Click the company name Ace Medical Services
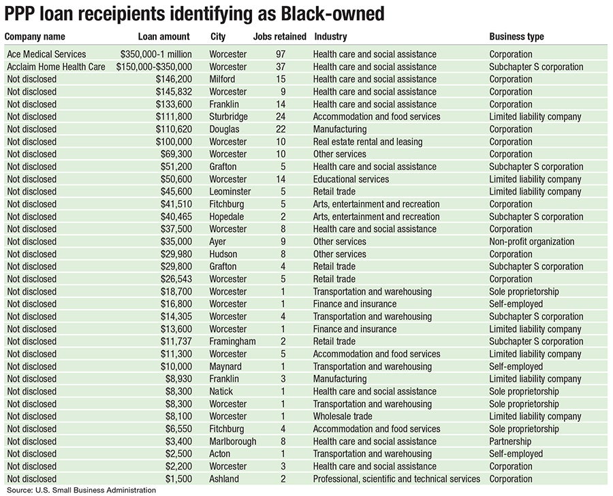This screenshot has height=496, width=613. coord(46,54)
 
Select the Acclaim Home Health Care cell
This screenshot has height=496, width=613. coord(56,67)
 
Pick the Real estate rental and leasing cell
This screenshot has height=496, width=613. coord(368,142)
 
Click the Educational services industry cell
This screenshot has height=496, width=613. coord(351,179)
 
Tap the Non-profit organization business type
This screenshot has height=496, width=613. coord(532,242)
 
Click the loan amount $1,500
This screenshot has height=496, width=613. coord(178,479)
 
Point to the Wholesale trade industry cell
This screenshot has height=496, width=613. coord(343,416)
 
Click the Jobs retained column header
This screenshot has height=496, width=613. coord(279,37)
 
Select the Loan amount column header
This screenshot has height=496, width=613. coord(164,37)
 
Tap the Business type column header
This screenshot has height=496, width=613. coord(517,37)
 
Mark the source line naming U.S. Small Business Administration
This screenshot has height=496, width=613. coord(82,490)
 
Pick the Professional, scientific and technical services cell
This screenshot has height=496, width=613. coord(396,479)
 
